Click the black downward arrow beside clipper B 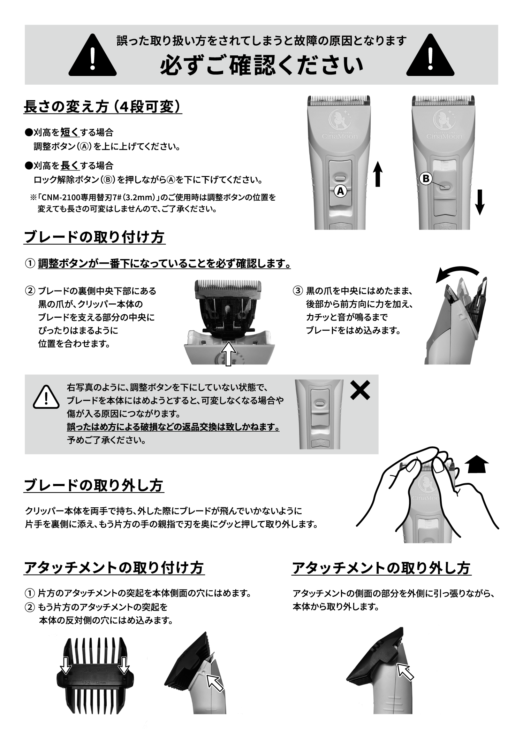[480, 202]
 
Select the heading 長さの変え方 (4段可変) [103, 107]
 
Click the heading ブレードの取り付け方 [94, 238]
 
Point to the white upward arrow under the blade [228, 353]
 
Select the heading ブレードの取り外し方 [94, 485]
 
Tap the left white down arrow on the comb [66, 666]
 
